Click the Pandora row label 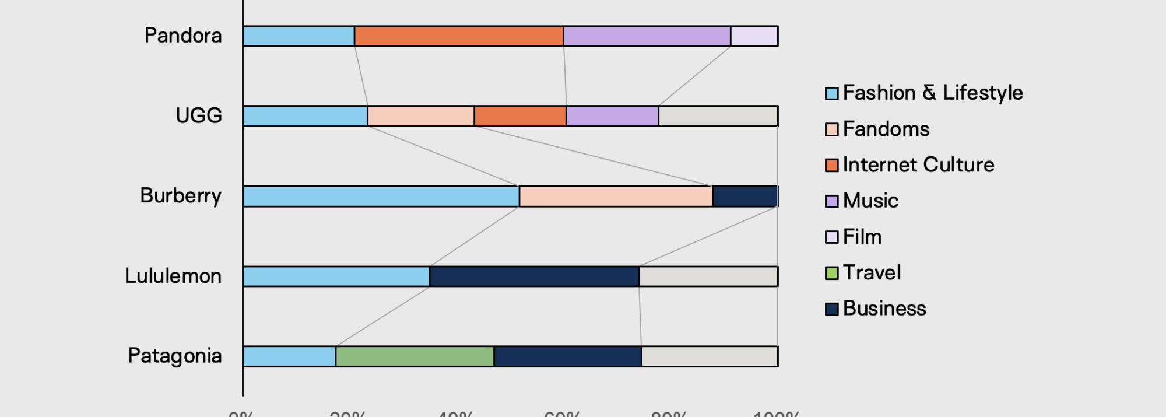[183, 36]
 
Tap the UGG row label [199, 115]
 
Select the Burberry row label [181, 196]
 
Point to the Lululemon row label [173, 276]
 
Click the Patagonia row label [175, 356]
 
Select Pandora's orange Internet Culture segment [459, 36]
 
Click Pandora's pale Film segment [754, 36]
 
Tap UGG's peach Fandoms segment [421, 116]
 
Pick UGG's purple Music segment [612, 116]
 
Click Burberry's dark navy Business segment [745, 197]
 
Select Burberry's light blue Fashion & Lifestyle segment [381, 197]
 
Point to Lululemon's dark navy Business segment [534, 276]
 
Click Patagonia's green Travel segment [415, 356]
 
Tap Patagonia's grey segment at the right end [710, 356]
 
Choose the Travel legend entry [872, 272]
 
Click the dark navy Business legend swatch [832, 309]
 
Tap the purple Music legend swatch [832, 201]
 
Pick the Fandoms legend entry [886, 129]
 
